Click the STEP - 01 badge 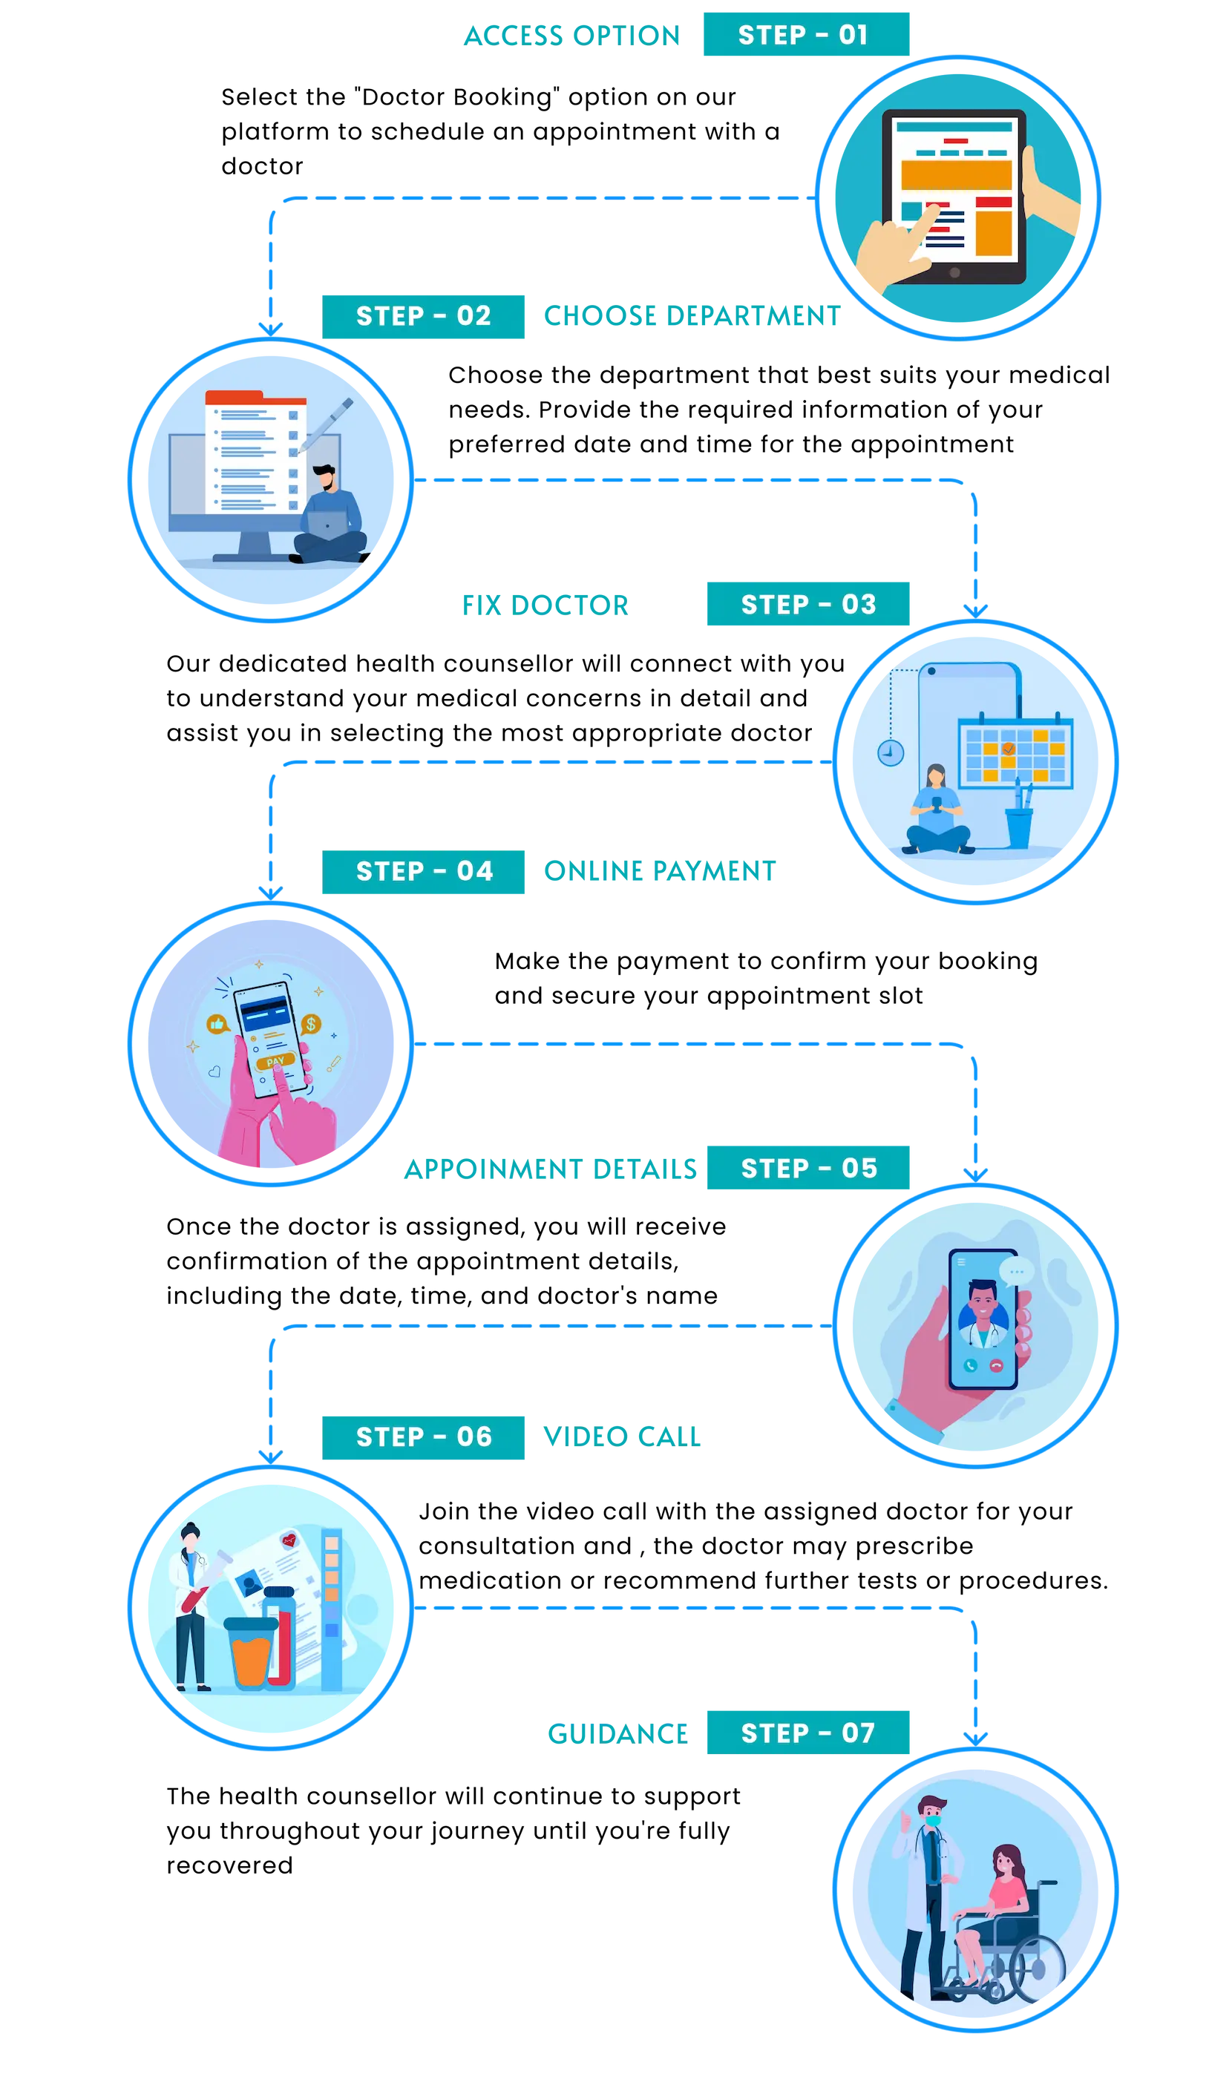806,34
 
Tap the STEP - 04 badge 423,871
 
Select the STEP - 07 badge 807,1733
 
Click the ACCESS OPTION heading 572,36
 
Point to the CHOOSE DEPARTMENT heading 692,315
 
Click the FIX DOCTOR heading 545,605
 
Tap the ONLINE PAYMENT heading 660,870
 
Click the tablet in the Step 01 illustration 954,197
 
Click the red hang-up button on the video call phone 996,1365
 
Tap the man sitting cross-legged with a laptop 330,514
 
